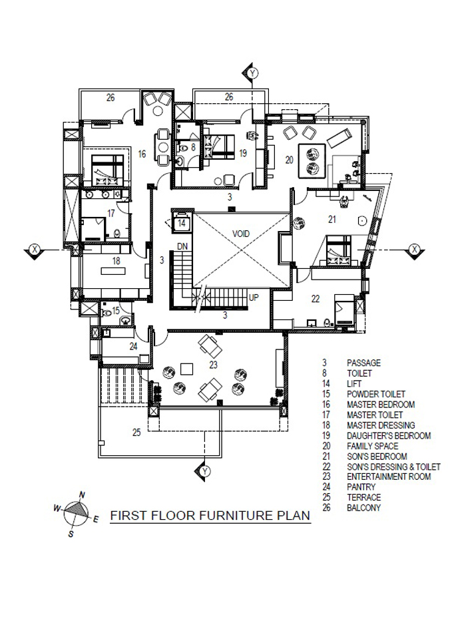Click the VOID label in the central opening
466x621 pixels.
pos(241,234)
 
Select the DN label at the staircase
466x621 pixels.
pos(182,246)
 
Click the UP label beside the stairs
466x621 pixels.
pos(254,297)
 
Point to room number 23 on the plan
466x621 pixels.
pos(213,365)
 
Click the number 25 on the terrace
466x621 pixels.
pos(136,432)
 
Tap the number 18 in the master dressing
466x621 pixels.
pos(116,261)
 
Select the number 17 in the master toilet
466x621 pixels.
pos(111,213)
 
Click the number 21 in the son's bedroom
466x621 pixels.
pos(332,218)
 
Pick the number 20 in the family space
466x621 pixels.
pos(290,160)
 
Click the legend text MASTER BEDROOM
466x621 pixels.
pos(381,405)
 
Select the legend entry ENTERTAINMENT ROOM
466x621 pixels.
pos(389,477)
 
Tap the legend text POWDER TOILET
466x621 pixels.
pos(376,395)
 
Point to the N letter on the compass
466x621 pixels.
pos(82,495)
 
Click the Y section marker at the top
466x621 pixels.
pos(253,74)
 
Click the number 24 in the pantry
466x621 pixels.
pos(133,347)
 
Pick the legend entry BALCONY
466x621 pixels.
pos(363,508)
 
